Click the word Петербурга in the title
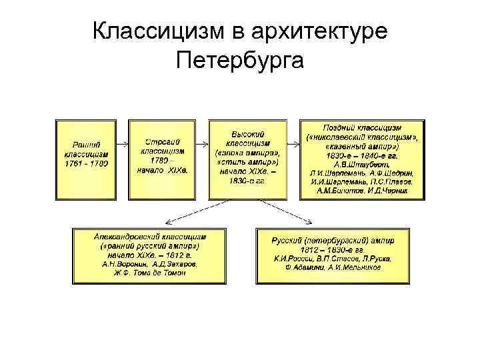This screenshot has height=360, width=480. click(x=240, y=61)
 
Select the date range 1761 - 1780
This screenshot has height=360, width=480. click(x=87, y=163)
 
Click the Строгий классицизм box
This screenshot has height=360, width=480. click(x=164, y=159)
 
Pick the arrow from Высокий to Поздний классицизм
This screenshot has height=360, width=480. click(x=293, y=143)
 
